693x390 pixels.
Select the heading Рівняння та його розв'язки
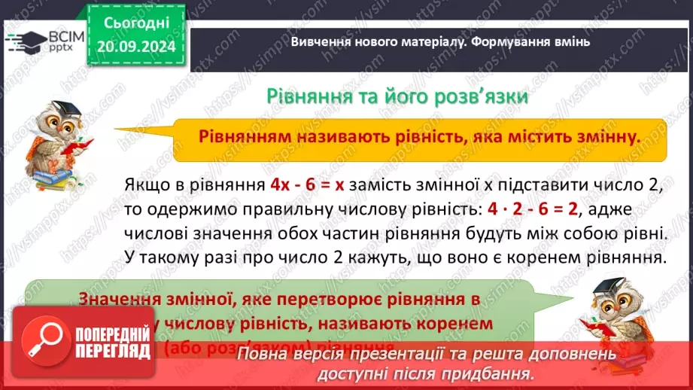click(x=397, y=97)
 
